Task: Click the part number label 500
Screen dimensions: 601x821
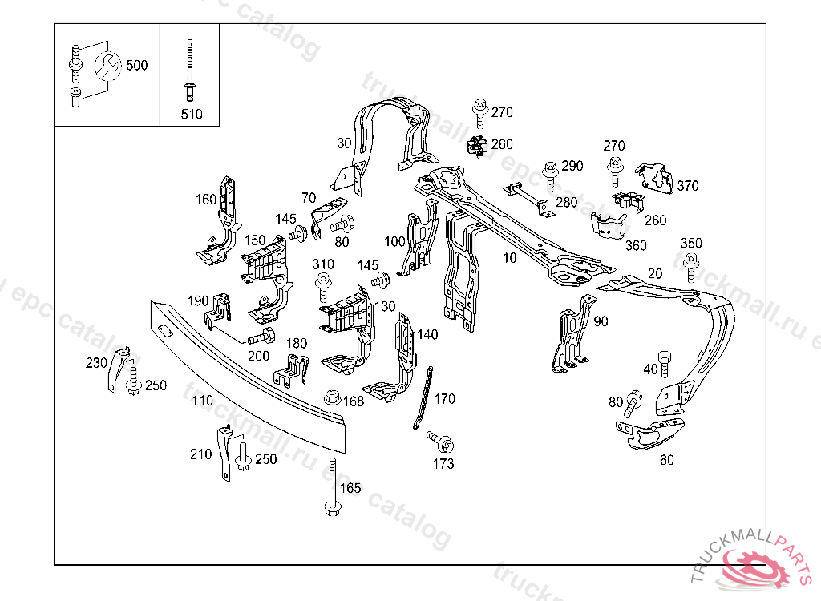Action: tap(137, 65)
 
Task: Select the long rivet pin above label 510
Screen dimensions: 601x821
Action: tap(191, 69)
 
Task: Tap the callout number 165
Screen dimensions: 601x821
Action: tap(350, 488)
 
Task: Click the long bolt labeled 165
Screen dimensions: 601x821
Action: tap(331, 488)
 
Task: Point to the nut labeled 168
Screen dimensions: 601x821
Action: tap(330, 397)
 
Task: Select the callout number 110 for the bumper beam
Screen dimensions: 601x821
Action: tap(202, 400)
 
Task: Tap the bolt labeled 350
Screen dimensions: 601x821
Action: tap(690, 263)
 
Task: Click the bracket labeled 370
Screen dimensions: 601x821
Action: tap(655, 178)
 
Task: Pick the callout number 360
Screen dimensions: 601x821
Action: tap(636, 245)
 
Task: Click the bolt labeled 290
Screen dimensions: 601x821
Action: tap(550, 172)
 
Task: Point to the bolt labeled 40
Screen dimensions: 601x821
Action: tap(663, 364)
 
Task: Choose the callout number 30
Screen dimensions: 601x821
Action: tap(344, 143)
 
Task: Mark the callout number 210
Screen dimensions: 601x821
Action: tap(200, 454)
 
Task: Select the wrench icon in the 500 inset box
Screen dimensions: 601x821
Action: tap(107, 65)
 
